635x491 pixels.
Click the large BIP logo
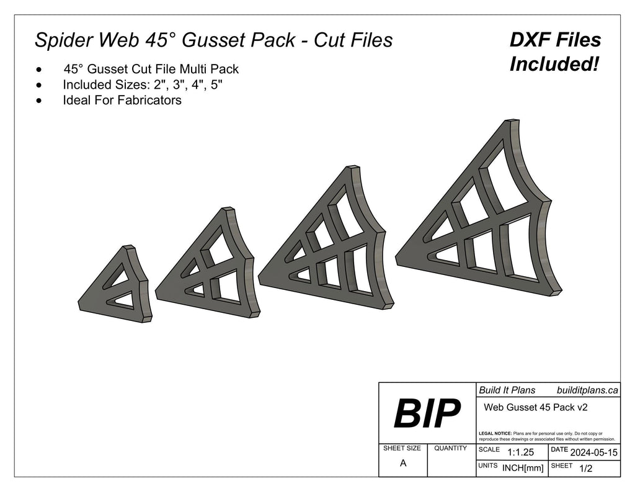point(427,413)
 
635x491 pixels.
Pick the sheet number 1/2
point(585,469)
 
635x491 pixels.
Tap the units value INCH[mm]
point(523,468)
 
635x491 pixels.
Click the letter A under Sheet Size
point(403,463)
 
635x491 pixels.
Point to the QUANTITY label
point(451,448)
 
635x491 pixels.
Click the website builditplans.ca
point(587,390)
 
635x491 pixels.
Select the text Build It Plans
point(507,390)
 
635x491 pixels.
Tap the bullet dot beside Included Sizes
point(40,84)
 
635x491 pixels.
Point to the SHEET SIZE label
point(402,448)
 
